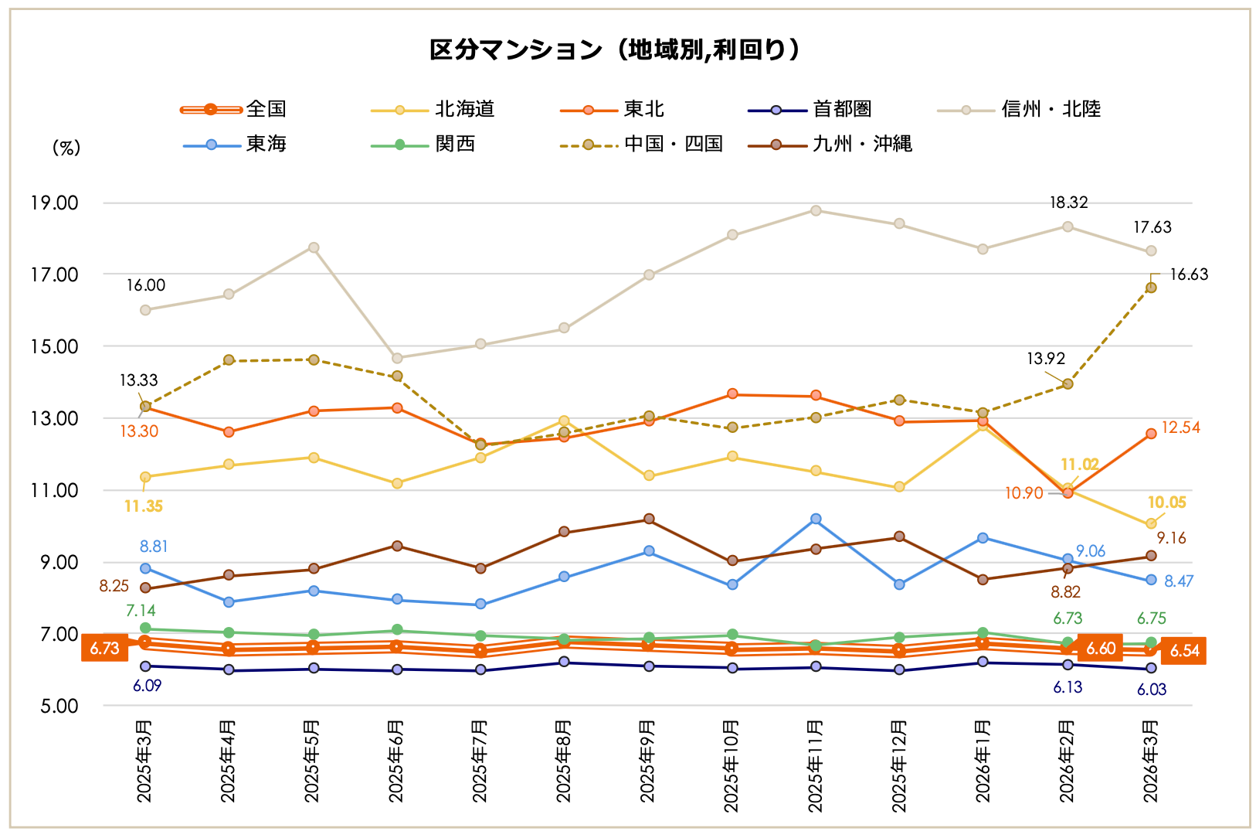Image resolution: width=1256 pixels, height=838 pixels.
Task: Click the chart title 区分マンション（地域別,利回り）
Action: pyautogui.click(x=615, y=50)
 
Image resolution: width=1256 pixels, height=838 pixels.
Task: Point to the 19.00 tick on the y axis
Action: pyautogui.click(x=54, y=203)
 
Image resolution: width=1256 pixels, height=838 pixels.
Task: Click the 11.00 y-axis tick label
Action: pyautogui.click(x=54, y=490)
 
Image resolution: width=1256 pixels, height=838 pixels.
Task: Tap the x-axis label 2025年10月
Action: pyautogui.click(x=731, y=765)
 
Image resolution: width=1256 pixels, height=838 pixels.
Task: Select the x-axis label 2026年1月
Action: pyautogui.click(x=982, y=761)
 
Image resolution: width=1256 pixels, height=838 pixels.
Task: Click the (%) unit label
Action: pyautogui.click(x=66, y=148)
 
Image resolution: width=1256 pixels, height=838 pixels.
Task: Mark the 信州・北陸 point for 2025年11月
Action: pyautogui.click(x=816, y=210)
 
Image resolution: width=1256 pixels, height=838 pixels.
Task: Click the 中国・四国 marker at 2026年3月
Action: pyautogui.click(x=1151, y=288)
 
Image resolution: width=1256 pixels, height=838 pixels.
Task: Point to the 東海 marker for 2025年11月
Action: pyautogui.click(x=816, y=519)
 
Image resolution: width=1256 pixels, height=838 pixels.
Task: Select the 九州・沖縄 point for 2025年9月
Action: pyautogui.click(x=649, y=519)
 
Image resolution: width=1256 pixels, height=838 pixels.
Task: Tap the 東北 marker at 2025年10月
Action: pyautogui.click(x=732, y=394)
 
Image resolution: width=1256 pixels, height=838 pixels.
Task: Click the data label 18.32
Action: pyautogui.click(x=1068, y=203)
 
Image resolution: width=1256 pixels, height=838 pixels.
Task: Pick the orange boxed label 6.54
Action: pyautogui.click(x=1184, y=651)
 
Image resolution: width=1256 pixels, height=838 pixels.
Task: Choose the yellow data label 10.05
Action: pyautogui.click(x=1166, y=502)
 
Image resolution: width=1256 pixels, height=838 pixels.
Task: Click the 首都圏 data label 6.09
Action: pyautogui.click(x=147, y=686)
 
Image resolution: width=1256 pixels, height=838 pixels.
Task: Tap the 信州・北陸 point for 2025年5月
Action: pyautogui.click(x=314, y=247)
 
